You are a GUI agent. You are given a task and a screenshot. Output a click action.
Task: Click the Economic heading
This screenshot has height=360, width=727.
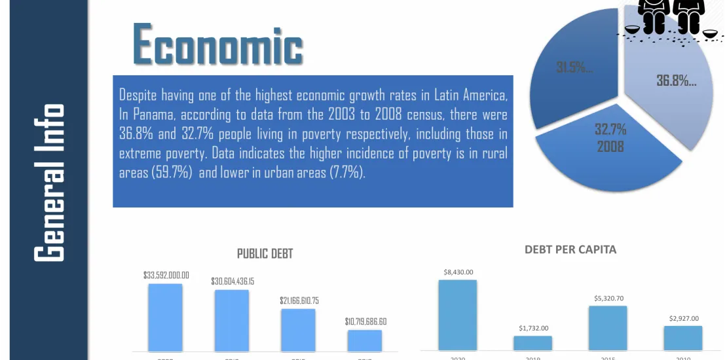click(x=217, y=45)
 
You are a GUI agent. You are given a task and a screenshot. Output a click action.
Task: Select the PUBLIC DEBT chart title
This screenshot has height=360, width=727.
click(x=265, y=253)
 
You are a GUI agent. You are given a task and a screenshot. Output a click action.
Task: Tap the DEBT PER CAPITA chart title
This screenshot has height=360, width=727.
click(x=570, y=249)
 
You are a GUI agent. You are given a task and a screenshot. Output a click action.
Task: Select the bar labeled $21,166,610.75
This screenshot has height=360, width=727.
click(x=298, y=330)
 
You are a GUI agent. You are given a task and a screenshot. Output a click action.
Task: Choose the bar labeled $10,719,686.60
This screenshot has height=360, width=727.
click(x=365, y=340)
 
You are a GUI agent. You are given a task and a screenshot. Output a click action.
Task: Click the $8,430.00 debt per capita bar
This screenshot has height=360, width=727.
click(x=457, y=315)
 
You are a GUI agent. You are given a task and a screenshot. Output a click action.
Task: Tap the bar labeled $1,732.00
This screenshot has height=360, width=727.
click(x=532, y=343)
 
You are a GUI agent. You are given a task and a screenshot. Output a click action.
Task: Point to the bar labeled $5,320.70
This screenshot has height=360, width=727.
click(x=608, y=328)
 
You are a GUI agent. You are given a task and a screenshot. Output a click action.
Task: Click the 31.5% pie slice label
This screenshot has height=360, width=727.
click(x=574, y=67)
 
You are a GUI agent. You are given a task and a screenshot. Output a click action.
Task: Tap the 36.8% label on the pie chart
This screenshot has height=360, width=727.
click(x=676, y=81)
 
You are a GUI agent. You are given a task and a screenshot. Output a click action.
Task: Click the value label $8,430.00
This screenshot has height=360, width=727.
click(x=458, y=272)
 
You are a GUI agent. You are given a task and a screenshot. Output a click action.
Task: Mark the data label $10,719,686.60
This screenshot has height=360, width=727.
click(x=365, y=321)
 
